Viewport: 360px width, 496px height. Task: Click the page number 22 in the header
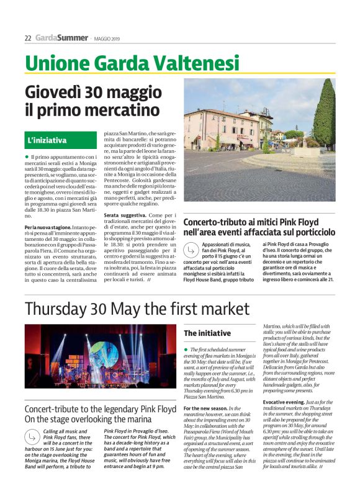click(x=28, y=38)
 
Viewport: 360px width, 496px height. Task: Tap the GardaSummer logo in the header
click(x=61, y=38)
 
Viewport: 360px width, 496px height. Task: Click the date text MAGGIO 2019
click(x=107, y=38)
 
